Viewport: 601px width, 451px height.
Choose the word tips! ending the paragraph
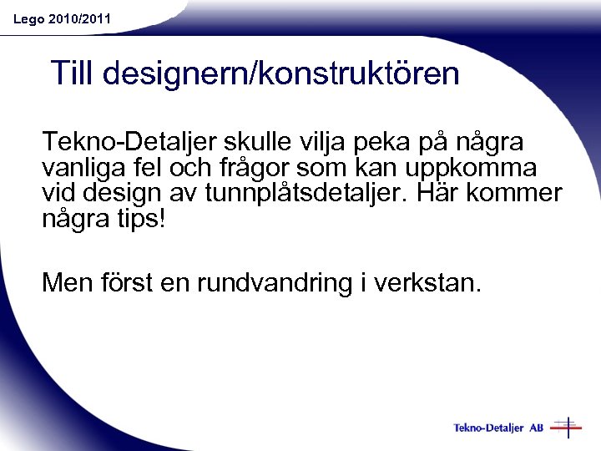coord(140,220)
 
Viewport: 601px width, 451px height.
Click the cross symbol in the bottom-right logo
coord(567,428)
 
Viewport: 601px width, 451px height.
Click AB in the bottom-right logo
coord(535,428)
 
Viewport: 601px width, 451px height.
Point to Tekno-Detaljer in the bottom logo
coord(488,428)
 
